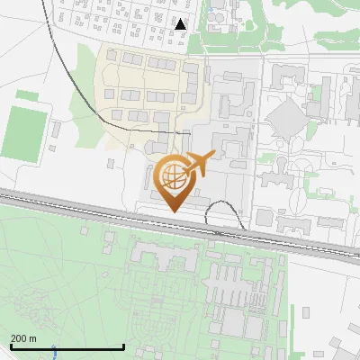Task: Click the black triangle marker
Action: (181, 23)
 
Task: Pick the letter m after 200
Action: (33, 338)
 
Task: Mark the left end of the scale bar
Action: (11, 347)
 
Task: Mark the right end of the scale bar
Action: (123, 347)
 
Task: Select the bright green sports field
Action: (22, 131)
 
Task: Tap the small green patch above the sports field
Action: (27, 94)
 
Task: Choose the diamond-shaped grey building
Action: (287, 118)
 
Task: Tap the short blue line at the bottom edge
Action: (54, 352)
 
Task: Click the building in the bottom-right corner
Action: (342, 347)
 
